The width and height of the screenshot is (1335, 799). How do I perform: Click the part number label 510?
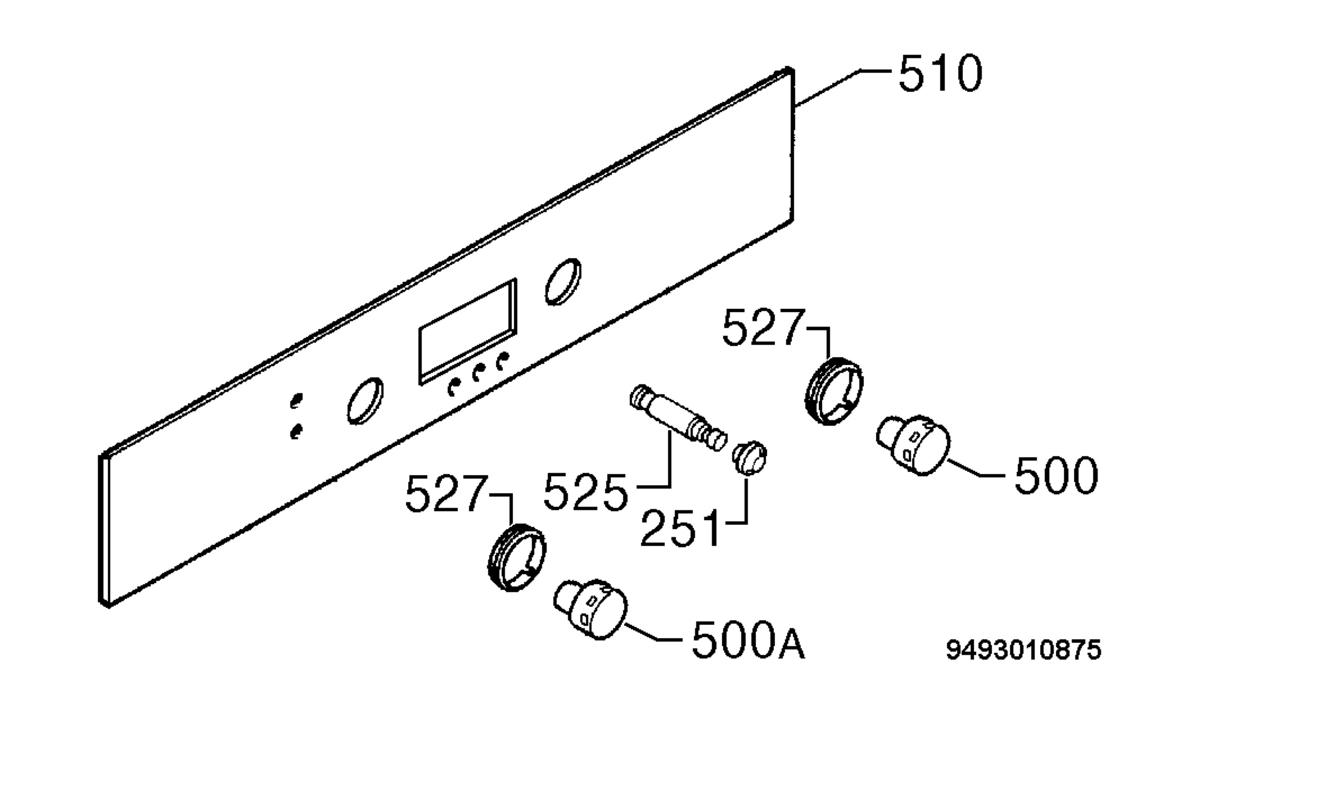(x=941, y=73)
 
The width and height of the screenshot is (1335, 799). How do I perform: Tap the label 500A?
(x=748, y=641)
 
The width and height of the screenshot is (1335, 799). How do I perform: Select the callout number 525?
(x=586, y=492)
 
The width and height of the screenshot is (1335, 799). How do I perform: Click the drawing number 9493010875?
(x=1023, y=650)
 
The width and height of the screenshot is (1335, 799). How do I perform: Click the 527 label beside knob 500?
(x=764, y=328)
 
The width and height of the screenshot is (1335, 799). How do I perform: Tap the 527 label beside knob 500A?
(x=447, y=493)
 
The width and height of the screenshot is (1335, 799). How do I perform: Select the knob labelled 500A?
(x=590, y=609)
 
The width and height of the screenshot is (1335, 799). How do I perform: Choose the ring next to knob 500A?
(x=517, y=557)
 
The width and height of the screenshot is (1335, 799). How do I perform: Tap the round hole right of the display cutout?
(x=563, y=282)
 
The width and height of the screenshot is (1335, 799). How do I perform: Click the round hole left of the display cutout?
(x=365, y=401)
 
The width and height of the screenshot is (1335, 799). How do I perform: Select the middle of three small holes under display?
(x=477, y=373)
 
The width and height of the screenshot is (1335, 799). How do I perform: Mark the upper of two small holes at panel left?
(x=296, y=401)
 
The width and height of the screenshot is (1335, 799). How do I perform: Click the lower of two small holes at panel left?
(x=296, y=431)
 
